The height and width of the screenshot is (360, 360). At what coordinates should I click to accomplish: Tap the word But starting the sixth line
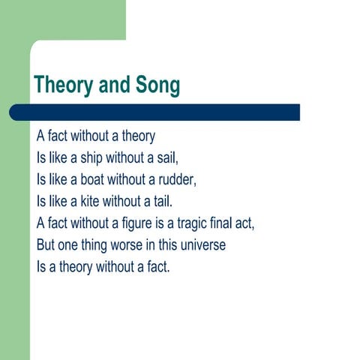(x=46, y=244)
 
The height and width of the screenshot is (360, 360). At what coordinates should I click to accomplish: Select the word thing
(x=91, y=244)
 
